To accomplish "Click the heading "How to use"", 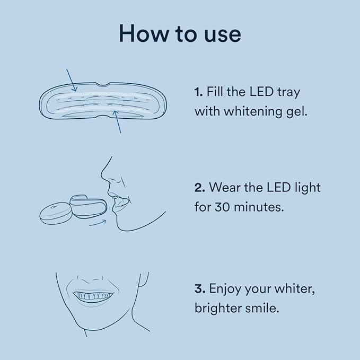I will point(180,33).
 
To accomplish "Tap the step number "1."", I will point(199,92).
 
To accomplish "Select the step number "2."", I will point(199,187).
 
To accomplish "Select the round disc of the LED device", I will point(55,211).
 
